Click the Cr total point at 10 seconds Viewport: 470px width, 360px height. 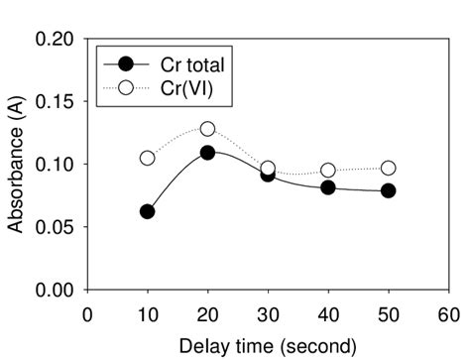(x=148, y=211)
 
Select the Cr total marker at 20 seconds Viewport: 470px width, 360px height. (x=207, y=153)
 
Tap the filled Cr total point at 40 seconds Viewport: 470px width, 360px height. (x=328, y=187)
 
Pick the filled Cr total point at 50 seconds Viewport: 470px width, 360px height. (x=388, y=190)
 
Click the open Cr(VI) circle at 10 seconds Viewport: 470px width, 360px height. (x=148, y=158)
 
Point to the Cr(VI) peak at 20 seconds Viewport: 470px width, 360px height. (x=207, y=129)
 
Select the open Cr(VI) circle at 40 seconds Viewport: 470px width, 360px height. (x=328, y=171)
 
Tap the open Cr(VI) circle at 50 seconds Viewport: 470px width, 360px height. (x=388, y=169)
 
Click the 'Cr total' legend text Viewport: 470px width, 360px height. (x=195, y=64)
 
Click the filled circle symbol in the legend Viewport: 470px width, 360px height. (x=126, y=64)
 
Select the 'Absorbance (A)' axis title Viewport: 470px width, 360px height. (x=16, y=165)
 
